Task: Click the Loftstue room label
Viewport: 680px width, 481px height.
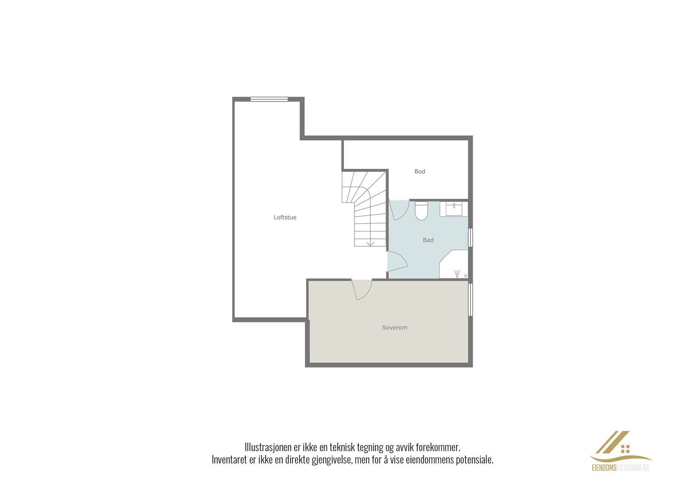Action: coord(285,218)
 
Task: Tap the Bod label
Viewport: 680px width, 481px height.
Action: coord(419,172)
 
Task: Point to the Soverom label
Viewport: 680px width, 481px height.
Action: coord(394,328)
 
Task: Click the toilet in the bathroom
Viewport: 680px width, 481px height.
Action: coord(421,211)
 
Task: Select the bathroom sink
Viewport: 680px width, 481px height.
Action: coord(454,209)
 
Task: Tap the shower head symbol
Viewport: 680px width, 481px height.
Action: coord(457,274)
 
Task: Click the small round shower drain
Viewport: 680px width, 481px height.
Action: coord(465,276)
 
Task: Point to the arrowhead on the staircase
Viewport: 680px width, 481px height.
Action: coord(370,243)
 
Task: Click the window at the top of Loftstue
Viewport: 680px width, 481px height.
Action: coord(269,99)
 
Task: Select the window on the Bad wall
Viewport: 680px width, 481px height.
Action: coord(470,238)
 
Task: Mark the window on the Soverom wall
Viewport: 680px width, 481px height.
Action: coord(470,300)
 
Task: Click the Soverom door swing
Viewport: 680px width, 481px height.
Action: coord(362,290)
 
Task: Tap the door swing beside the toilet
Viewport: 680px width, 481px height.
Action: coord(399,210)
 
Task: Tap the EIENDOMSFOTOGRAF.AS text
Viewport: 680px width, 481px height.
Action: coord(620,468)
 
